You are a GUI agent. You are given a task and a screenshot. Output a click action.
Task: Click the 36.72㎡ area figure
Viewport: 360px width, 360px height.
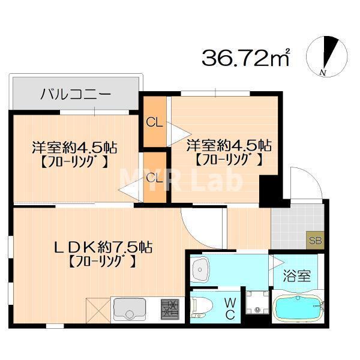(x=245, y=57)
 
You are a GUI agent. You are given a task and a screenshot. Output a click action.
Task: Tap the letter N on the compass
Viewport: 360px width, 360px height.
(x=323, y=73)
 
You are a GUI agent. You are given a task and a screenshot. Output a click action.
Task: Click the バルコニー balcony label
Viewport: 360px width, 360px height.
(x=76, y=94)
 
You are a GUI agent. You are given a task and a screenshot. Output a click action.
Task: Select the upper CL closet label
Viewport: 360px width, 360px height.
(x=155, y=123)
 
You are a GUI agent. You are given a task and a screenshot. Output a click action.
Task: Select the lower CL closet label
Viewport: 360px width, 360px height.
(x=155, y=178)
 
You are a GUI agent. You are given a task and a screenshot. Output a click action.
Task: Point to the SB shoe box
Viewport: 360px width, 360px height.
(x=315, y=241)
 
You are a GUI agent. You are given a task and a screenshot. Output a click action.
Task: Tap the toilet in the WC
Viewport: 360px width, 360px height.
(x=201, y=307)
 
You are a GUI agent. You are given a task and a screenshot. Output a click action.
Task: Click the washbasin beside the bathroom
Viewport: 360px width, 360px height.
(x=200, y=269)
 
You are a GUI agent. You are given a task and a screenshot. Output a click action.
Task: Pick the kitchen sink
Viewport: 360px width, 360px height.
(x=130, y=310)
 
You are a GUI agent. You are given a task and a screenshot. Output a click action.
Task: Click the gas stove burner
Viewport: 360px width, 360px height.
(x=170, y=309)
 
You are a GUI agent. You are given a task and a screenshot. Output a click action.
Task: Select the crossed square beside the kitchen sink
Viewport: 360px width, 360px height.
(x=98, y=310)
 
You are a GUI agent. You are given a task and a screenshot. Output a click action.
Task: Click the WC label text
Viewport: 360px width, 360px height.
(x=230, y=309)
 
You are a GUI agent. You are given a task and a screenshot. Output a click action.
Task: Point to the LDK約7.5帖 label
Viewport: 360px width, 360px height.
(x=103, y=247)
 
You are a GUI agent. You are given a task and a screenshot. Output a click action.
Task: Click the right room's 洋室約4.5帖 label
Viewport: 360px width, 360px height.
(x=229, y=145)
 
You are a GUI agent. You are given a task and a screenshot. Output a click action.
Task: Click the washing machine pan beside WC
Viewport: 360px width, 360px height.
(x=257, y=302)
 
